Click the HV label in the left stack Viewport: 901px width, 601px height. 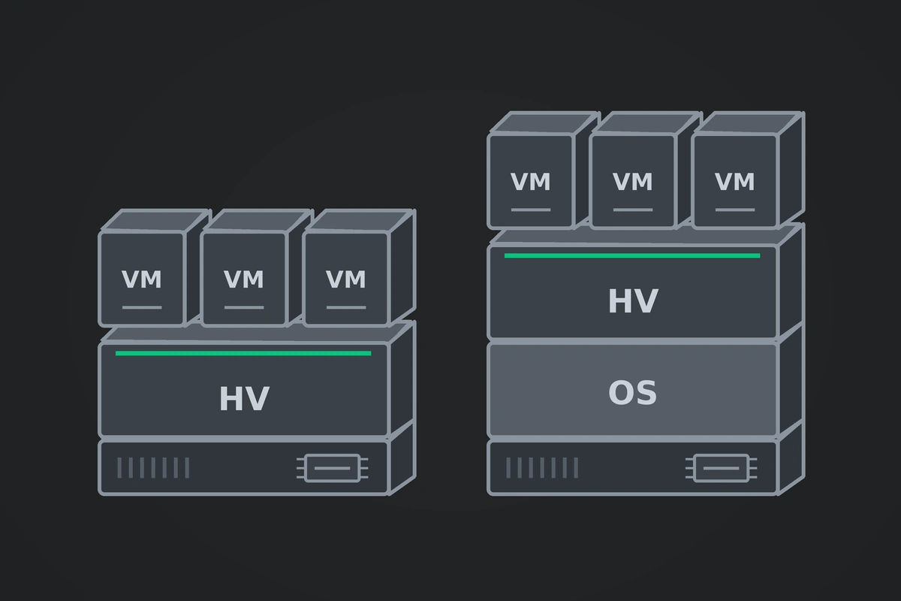point(244,398)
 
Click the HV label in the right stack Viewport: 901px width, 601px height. point(633,300)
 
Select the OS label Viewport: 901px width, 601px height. point(632,392)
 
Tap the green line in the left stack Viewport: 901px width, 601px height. point(243,353)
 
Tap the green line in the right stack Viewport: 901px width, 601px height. point(632,255)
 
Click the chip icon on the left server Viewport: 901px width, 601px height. point(332,468)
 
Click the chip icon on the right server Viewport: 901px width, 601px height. point(722,468)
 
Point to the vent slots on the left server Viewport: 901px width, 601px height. point(153,468)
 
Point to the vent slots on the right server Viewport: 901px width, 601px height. point(542,468)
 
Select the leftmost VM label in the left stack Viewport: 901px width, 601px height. point(142,279)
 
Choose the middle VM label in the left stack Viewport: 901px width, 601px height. point(244,279)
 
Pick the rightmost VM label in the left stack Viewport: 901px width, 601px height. point(346,279)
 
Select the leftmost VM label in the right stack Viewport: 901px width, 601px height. point(531,182)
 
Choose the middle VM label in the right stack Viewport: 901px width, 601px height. point(633,182)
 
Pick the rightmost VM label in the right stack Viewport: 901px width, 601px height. point(735,182)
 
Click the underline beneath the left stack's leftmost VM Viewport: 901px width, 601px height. point(142,307)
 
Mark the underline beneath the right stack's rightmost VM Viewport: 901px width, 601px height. point(735,210)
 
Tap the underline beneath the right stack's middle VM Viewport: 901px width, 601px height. point(633,210)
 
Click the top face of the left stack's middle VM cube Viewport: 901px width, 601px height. point(257,221)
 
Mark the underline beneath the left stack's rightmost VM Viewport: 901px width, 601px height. point(346,307)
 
